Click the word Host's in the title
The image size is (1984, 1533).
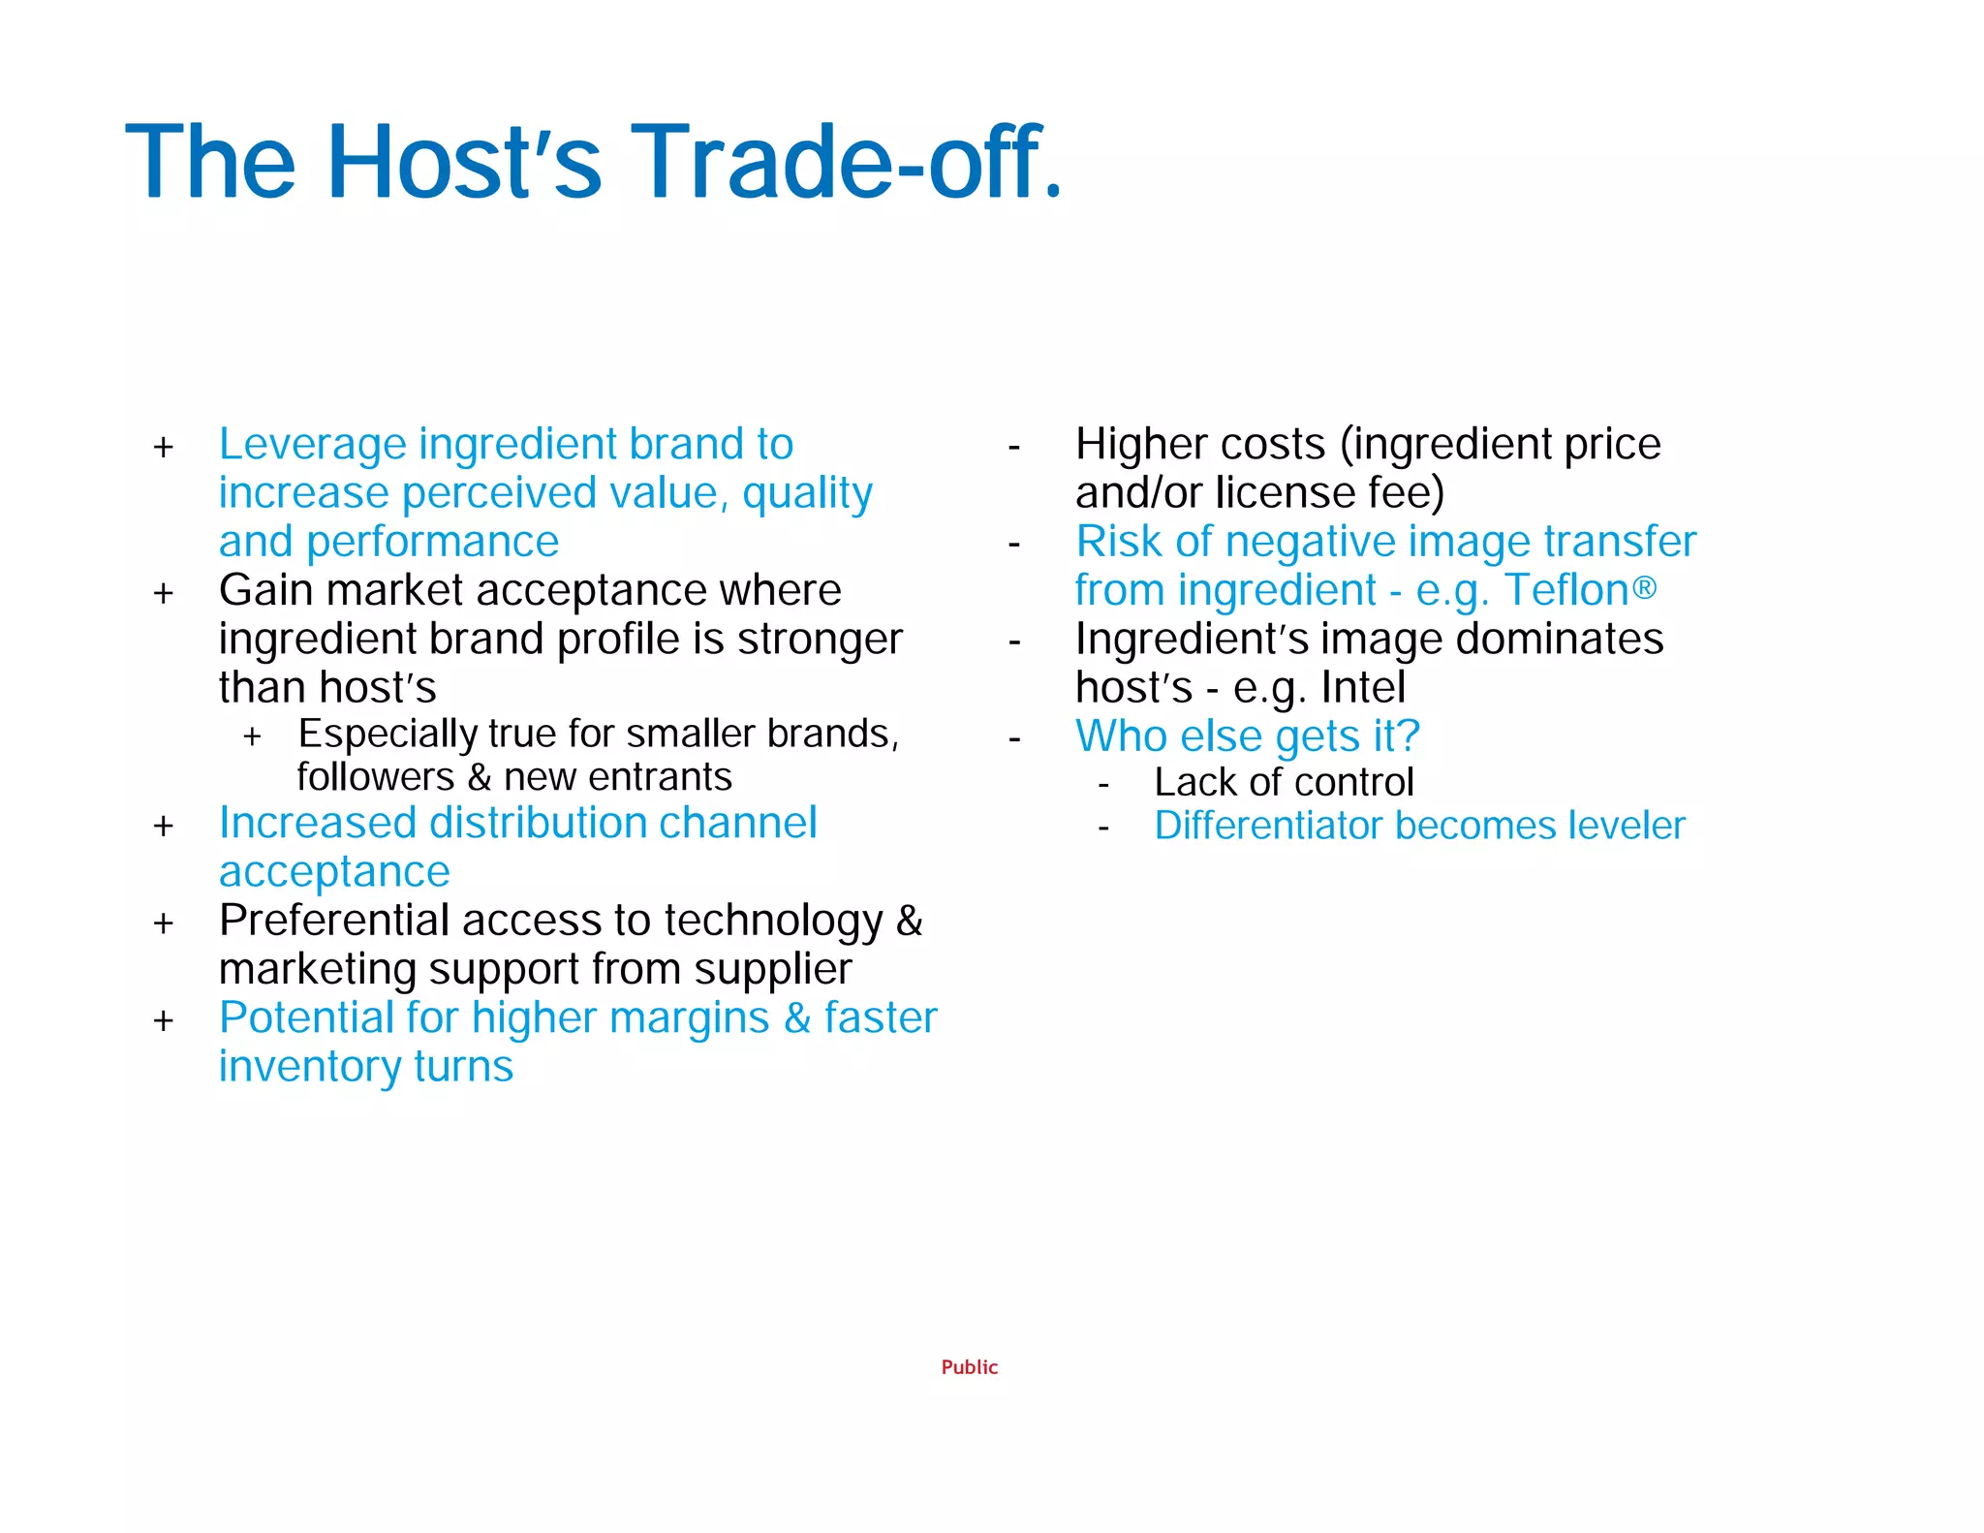465,163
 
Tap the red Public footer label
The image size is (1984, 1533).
969,1367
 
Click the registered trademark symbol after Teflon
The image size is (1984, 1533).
1645,586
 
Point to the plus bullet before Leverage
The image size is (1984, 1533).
164,448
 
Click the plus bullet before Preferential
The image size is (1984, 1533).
164,923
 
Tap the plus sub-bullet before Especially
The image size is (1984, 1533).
253,736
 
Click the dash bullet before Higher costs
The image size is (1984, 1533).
1014,448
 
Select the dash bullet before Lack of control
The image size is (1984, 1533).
1103,784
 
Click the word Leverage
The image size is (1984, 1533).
312,445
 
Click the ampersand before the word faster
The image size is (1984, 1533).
797,1018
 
